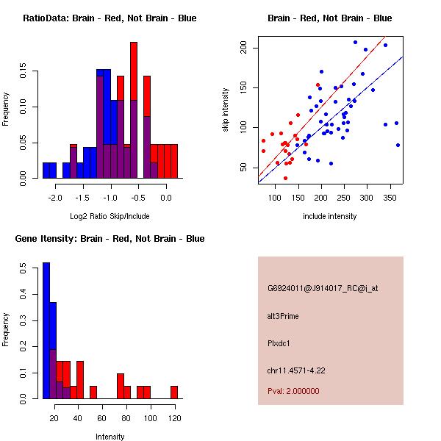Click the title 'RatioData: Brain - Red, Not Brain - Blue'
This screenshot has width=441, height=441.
(110, 18)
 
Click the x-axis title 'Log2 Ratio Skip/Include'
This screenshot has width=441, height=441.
(110, 216)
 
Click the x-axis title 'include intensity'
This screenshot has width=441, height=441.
(329, 216)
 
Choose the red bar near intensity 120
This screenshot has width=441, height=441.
(174, 392)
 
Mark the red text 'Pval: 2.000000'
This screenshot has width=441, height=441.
(293, 391)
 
